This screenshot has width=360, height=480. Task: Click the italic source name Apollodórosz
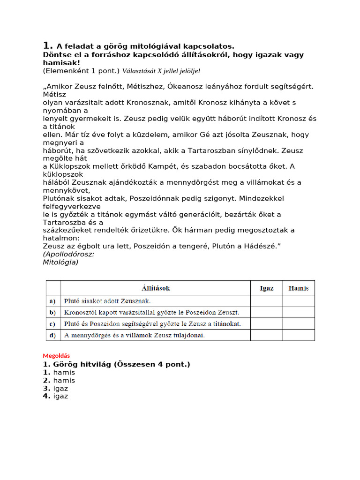click(x=69, y=254)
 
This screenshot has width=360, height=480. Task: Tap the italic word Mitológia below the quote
click(x=60, y=262)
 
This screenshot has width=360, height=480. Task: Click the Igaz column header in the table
click(x=267, y=288)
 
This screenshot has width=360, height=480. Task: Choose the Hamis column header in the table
click(x=298, y=288)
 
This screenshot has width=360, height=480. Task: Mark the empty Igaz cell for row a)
click(x=267, y=301)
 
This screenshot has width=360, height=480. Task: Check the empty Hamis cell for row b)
click(x=298, y=312)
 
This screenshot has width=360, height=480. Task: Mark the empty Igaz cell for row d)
click(x=267, y=335)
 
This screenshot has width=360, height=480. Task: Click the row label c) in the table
click(x=52, y=324)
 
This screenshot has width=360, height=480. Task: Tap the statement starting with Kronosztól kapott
click(x=145, y=313)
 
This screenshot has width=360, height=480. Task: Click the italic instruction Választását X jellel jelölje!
click(x=161, y=71)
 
